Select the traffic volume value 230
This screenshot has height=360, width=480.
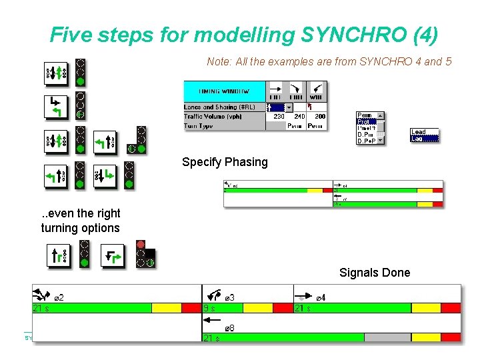[x=278, y=117]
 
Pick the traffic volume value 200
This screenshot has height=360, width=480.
[x=320, y=117]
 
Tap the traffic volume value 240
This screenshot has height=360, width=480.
[x=299, y=117]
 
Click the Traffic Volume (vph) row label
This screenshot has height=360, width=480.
[x=213, y=117]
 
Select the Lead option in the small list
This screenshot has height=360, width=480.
[x=418, y=132]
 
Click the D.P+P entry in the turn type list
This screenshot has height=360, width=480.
[x=366, y=141]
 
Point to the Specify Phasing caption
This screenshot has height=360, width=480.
[x=225, y=162]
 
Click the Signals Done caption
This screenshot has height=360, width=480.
[x=375, y=272]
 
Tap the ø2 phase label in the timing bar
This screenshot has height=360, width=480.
[x=59, y=297]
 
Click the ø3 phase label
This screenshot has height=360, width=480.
[x=229, y=297]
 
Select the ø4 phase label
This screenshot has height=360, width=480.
[x=320, y=297]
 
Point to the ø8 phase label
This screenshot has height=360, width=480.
[x=229, y=327]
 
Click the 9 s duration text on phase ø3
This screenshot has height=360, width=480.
[x=210, y=308]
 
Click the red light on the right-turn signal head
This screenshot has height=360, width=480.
[x=140, y=244]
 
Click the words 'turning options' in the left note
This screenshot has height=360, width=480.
[x=81, y=228]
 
